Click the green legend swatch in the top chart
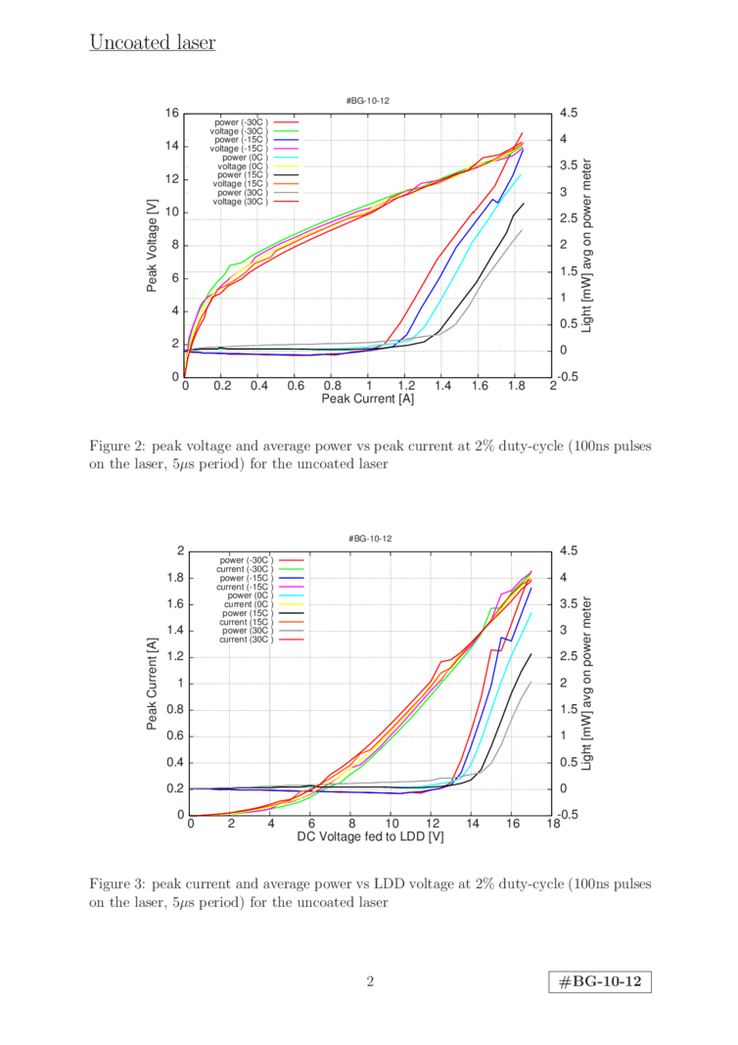(x=286, y=130)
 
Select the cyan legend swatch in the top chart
(x=286, y=157)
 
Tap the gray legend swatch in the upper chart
(x=286, y=192)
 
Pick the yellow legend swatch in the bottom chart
(x=291, y=604)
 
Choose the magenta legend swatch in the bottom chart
(x=291, y=586)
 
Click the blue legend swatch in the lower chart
(x=291, y=577)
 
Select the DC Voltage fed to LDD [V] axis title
(x=370, y=837)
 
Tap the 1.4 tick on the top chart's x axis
(x=441, y=387)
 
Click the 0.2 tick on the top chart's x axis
(x=222, y=387)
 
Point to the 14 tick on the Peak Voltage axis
(x=172, y=146)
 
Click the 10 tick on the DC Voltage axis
(x=392, y=824)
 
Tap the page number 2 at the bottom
(x=370, y=980)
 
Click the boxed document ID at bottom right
(x=600, y=981)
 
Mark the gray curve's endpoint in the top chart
(x=522, y=229)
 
